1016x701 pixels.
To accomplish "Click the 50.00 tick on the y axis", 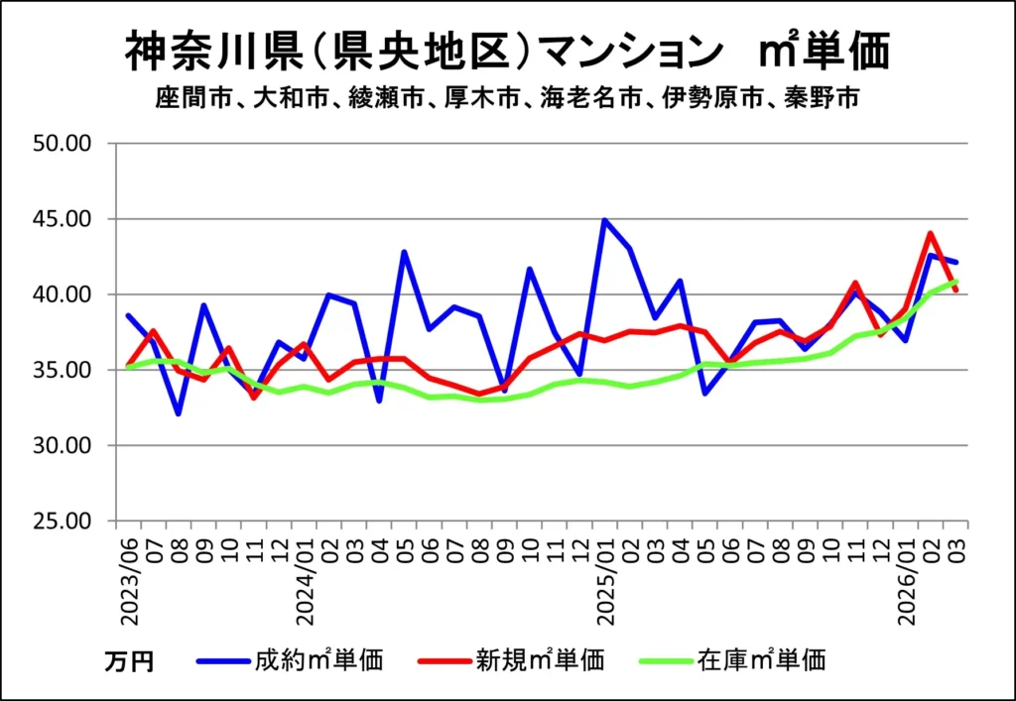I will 63,144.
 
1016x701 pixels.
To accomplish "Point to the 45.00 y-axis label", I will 63,219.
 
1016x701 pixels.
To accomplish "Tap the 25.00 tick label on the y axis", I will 63,522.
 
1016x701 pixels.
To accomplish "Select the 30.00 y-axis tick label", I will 63,446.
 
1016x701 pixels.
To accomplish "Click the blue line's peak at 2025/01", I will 604,219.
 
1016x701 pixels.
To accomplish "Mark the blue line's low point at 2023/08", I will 179,413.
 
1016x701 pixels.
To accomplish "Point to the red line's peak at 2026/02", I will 930,234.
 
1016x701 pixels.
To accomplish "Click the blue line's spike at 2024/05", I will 404,252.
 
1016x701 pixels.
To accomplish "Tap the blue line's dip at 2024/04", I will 379,401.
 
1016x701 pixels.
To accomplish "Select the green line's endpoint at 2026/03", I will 955,282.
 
